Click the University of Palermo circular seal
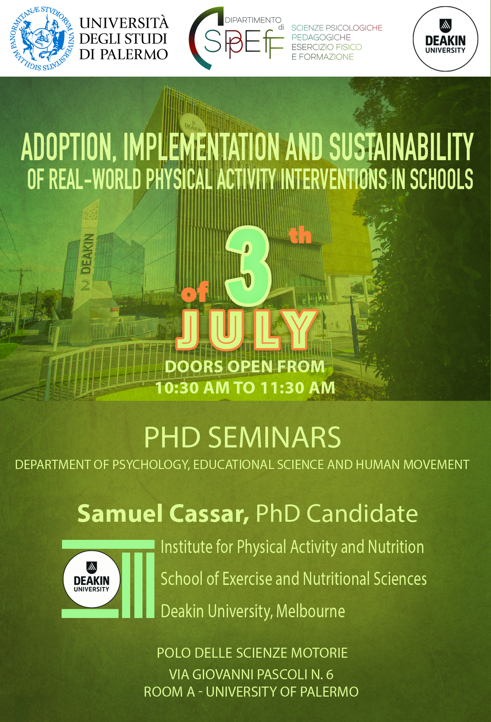click(x=42, y=39)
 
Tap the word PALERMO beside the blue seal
click(x=134, y=54)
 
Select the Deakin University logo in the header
click(x=446, y=39)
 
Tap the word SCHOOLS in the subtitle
click(x=441, y=179)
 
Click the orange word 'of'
click(x=195, y=292)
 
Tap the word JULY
click(x=247, y=330)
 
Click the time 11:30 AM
click(x=298, y=388)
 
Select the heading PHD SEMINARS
click(x=243, y=437)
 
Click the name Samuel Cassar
click(x=163, y=514)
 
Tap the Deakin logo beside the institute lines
click(x=92, y=579)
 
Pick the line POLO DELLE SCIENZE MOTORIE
click(x=252, y=653)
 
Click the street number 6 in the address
click(x=330, y=675)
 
